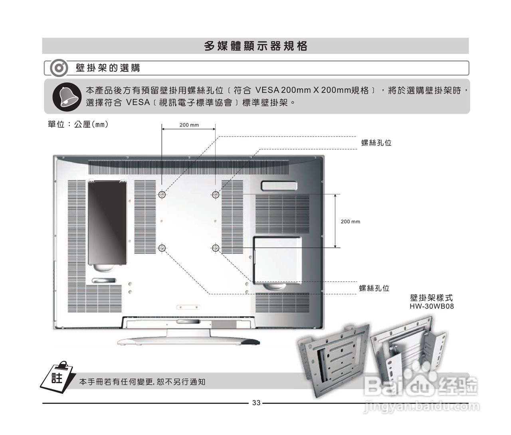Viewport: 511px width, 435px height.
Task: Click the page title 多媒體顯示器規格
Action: pyautogui.click(x=255, y=46)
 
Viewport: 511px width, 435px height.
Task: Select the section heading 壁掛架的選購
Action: pyautogui.click(x=108, y=68)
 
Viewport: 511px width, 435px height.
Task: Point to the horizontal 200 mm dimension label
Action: pyautogui.click(x=189, y=125)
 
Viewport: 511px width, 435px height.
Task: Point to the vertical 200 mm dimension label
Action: pyautogui.click(x=350, y=221)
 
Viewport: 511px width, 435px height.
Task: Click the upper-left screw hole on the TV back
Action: pyautogui.click(x=162, y=195)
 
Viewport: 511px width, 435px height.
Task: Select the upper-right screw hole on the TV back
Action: pyautogui.click(x=216, y=195)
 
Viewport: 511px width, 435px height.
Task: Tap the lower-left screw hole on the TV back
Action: pyautogui.click(x=162, y=248)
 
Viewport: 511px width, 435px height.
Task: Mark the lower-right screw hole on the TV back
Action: pyautogui.click(x=216, y=248)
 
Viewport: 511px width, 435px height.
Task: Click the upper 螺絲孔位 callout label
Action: pyautogui.click(x=376, y=143)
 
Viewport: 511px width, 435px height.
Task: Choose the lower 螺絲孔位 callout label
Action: pyautogui.click(x=374, y=288)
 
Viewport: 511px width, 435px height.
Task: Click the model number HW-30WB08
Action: pyautogui.click(x=432, y=306)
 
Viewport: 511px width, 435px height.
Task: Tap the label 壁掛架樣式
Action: pyautogui.click(x=432, y=298)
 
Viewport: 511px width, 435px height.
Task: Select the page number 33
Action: pyautogui.click(x=256, y=403)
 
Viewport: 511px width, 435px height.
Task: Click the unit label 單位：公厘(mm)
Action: pyautogui.click(x=78, y=125)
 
